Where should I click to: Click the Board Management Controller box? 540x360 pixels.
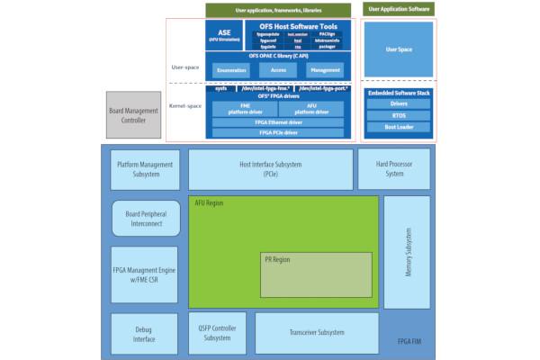point(132,114)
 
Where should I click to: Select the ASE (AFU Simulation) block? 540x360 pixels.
point(223,35)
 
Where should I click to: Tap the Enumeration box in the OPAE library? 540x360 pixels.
point(232,69)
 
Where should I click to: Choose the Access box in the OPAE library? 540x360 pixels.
point(277,69)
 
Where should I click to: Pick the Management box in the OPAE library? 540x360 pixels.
point(323,69)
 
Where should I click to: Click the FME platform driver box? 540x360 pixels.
point(238,109)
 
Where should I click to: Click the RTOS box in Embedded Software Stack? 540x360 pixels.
point(399,115)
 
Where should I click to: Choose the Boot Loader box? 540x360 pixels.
point(399,127)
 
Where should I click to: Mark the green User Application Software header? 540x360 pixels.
point(399,9)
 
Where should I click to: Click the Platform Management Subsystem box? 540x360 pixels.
point(145,169)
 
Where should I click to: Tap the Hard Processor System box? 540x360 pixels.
point(393,169)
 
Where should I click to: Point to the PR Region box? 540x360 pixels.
point(316,275)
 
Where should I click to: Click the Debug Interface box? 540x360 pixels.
point(145,334)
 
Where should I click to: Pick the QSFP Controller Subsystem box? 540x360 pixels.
point(217,333)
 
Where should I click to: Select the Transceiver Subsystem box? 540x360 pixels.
point(317,333)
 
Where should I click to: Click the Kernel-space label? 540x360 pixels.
point(185,106)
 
